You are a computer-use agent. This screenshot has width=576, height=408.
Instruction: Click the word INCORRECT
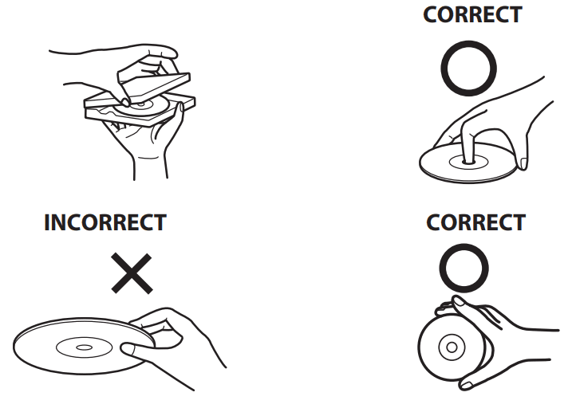105,222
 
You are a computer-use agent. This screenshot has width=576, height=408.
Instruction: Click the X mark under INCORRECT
132,273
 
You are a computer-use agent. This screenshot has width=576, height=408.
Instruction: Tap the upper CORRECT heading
472,14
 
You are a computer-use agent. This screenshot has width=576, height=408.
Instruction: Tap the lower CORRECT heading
475,222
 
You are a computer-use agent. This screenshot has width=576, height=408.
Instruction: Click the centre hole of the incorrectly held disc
84,347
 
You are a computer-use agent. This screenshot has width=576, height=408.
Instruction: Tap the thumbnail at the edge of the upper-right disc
523,163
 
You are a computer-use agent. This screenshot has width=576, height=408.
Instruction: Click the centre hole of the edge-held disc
452,347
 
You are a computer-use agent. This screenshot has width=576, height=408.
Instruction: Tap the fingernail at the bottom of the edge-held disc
467,385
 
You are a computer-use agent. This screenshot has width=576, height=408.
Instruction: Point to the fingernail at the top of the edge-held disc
459,301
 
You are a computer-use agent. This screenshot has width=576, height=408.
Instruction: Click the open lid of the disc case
154,86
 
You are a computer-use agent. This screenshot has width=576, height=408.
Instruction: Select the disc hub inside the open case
141,104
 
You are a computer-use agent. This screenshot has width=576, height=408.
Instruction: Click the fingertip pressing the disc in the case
124,102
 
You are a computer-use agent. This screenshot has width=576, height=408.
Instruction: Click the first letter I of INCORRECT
46,222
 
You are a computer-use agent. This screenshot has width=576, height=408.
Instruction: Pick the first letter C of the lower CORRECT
433,222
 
